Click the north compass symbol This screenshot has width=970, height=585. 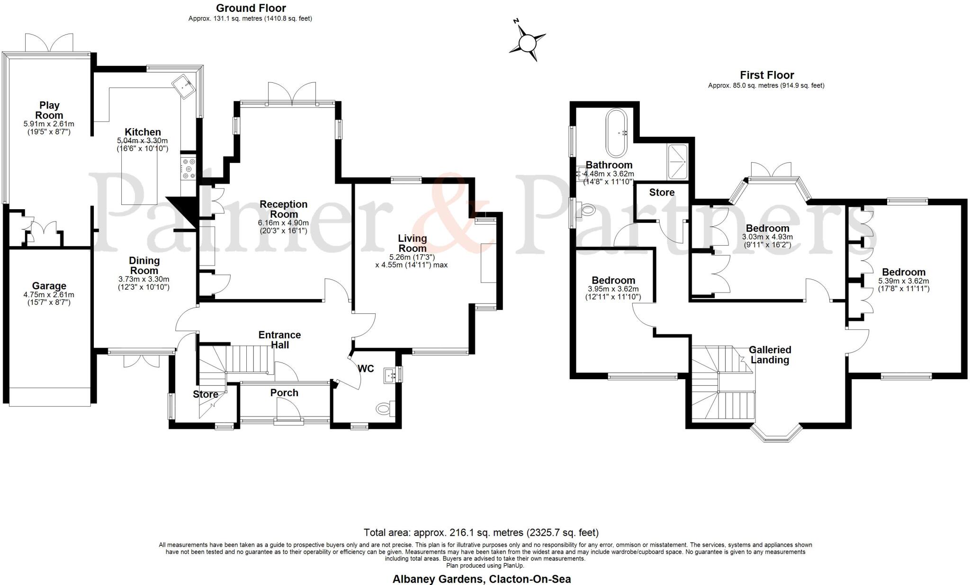pos(527,43)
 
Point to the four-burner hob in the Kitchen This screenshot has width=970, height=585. pos(189,168)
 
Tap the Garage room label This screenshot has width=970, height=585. pos(49,286)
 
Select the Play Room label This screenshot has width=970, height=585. pos(49,110)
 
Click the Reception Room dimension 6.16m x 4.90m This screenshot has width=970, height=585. pos(283,223)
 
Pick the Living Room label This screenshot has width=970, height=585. pos(412,243)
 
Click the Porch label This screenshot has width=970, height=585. pos(284,393)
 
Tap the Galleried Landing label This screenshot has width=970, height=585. pos(770,355)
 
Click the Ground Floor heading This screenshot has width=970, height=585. pos(251,8)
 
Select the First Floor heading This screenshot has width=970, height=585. pos(767,75)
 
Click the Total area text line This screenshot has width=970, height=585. pos(481,532)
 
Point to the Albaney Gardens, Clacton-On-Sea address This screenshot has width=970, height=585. pos(481,579)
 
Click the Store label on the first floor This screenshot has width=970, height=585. pos(662,193)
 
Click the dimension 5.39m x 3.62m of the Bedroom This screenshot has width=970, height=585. pos(904,281)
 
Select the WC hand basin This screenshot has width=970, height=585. pos(391,374)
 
